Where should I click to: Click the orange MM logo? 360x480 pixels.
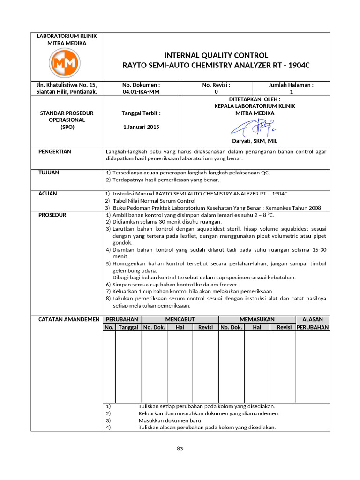point(65,62)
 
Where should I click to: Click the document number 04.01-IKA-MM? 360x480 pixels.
point(141,92)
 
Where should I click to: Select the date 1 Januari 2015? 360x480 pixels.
point(141,127)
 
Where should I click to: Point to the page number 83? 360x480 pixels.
point(180,449)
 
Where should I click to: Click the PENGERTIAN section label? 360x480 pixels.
point(54,151)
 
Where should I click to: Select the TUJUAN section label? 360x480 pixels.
point(48,172)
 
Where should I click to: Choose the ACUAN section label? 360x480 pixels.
point(47,193)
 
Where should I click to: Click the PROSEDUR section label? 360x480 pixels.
point(52,215)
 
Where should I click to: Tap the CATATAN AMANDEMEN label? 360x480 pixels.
point(68,319)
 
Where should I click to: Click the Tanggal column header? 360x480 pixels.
point(128,327)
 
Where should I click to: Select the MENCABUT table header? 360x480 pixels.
point(180,319)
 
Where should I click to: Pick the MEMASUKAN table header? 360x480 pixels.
point(257,319)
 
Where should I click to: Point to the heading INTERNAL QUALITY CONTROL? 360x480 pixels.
point(216,55)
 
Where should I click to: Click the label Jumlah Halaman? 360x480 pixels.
point(291,85)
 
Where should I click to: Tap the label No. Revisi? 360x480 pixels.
point(216,85)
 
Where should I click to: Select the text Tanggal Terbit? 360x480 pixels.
point(141,113)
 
